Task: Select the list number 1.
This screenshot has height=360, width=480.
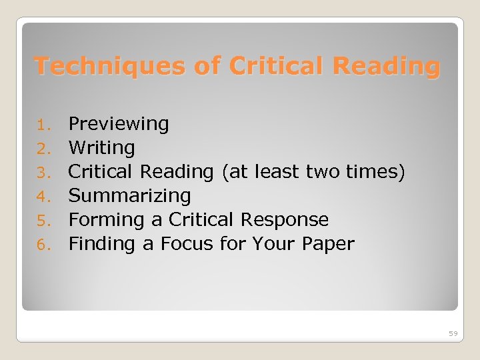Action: [x=43, y=125]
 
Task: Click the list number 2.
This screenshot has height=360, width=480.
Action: [x=43, y=149]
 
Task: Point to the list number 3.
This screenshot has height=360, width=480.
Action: [x=43, y=173]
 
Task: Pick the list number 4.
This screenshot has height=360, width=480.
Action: [x=43, y=197]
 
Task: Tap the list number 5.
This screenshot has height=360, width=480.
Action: [x=43, y=221]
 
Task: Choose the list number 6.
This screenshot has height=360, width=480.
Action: [x=43, y=245]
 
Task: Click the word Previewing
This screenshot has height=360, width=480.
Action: [x=119, y=124]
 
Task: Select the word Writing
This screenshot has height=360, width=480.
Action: [x=101, y=147]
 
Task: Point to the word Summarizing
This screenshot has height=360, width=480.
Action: [x=130, y=196]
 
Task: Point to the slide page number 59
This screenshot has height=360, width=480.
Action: [x=453, y=333]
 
